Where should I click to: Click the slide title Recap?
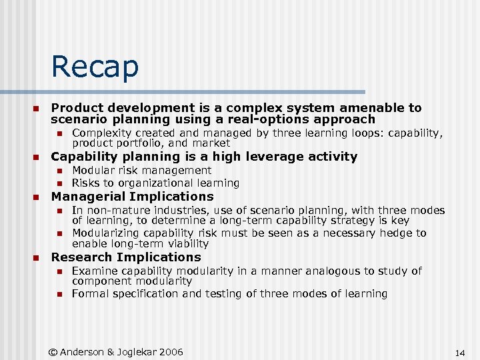point(95,67)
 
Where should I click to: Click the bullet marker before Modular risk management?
point(59,171)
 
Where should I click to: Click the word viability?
point(185,244)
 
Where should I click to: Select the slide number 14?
point(459,352)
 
